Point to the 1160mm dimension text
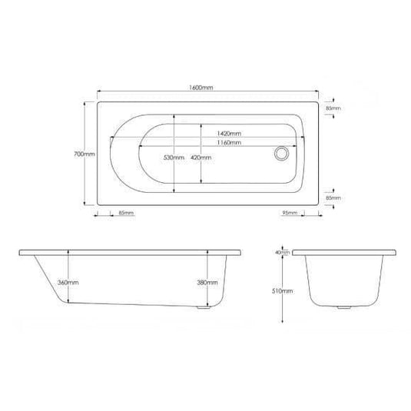point(227,143)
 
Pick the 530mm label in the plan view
point(173,157)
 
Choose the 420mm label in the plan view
point(201,157)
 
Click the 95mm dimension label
point(290,212)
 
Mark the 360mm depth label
point(68,282)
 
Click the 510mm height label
point(283,291)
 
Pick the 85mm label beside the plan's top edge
point(334,109)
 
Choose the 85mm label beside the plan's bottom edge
point(334,197)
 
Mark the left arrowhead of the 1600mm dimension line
point(98,96)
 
